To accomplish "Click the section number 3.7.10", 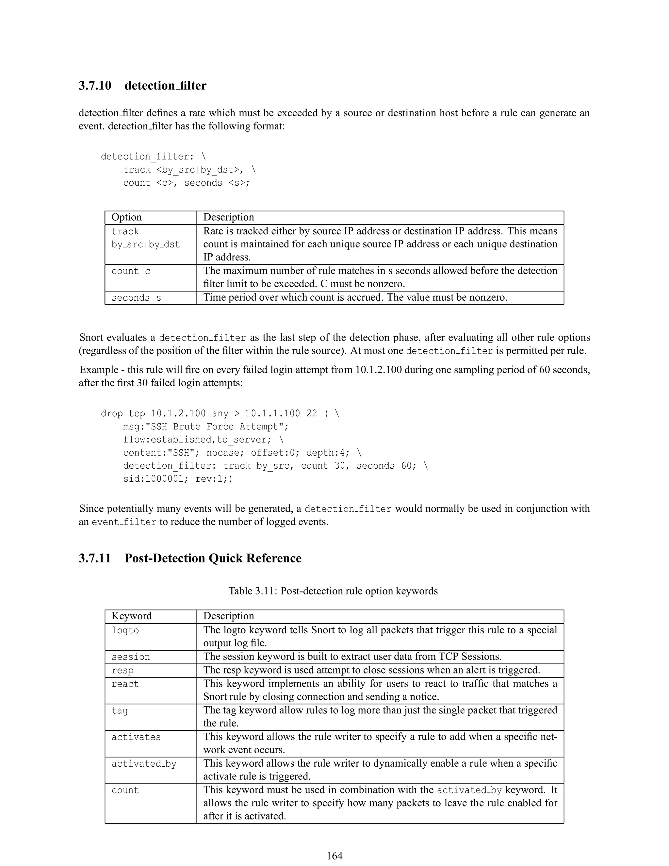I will pyautogui.click(x=95, y=86).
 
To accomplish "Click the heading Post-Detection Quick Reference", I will pyautogui.click(x=213, y=558).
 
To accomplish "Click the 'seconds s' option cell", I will pyautogui.click(x=136, y=298).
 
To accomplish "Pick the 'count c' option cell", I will pyautogui.click(x=131, y=271).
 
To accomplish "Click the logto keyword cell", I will pyautogui.click(x=125, y=630).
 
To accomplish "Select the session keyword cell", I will pyautogui.click(x=130, y=657).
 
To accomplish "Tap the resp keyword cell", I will pyautogui.click(x=122, y=671).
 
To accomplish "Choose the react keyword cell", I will pyautogui.click(x=125, y=684).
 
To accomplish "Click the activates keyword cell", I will pyautogui.click(x=136, y=737).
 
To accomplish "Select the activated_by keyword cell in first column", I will pyautogui.click(x=143, y=764).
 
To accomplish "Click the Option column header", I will pyautogui.click(x=126, y=217).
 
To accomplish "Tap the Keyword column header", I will pyautogui.click(x=132, y=616).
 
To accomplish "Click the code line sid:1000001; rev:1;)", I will pyautogui.click(x=178, y=479).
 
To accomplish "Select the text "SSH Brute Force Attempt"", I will pyautogui.click(x=212, y=427).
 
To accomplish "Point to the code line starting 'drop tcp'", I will pyautogui.click(x=220, y=414).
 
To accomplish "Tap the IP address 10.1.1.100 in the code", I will pyautogui.click(x=272, y=414).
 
